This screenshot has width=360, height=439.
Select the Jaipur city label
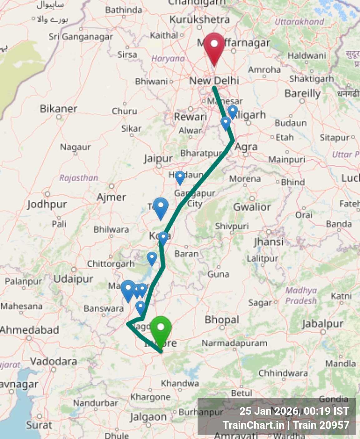point(158,159)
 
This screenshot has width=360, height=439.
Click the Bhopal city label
point(222,320)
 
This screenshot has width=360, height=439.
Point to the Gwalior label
point(252,207)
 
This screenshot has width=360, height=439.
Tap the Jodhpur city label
point(47,204)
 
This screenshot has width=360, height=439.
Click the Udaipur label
point(73,279)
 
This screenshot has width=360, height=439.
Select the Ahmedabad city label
point(29,330)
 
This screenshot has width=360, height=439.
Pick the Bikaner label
point(58,109)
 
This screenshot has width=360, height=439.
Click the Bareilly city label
point(302,93)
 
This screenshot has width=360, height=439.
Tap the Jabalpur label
point(322,324)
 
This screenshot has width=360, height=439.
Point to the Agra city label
point(246,147)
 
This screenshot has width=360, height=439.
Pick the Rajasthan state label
point(79,178)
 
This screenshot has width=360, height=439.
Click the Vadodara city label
point(53,362)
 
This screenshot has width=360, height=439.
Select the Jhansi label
point(269,242)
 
